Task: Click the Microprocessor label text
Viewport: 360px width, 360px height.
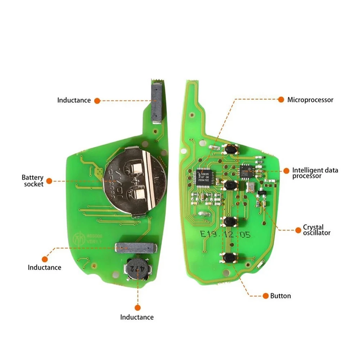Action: coord(310,100)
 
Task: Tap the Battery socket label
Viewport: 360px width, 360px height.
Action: coord(32,181)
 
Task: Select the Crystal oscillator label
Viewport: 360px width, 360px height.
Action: coord(316,230)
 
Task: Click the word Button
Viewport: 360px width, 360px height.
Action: coord(280,296)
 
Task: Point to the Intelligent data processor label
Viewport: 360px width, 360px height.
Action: coord(315,173)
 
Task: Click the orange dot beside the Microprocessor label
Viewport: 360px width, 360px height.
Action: coord(280,99)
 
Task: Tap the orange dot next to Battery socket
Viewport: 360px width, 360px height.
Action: coord(49,181)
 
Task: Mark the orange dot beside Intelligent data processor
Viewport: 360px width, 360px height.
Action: coord(287,170)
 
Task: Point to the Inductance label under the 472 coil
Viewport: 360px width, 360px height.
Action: coord(137,317)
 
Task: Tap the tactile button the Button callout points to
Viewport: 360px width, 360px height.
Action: coord(229,258)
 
